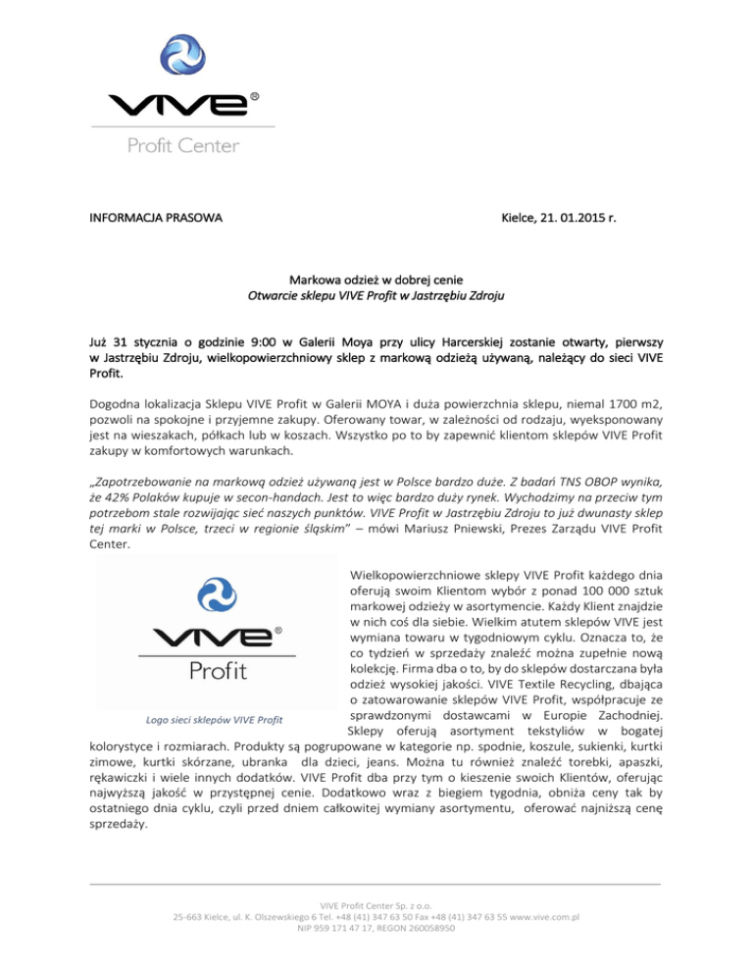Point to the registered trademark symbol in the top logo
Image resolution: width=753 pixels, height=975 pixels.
255,97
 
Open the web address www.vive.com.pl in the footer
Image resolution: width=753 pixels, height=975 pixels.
538,916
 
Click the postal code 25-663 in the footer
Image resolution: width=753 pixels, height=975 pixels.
189,916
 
